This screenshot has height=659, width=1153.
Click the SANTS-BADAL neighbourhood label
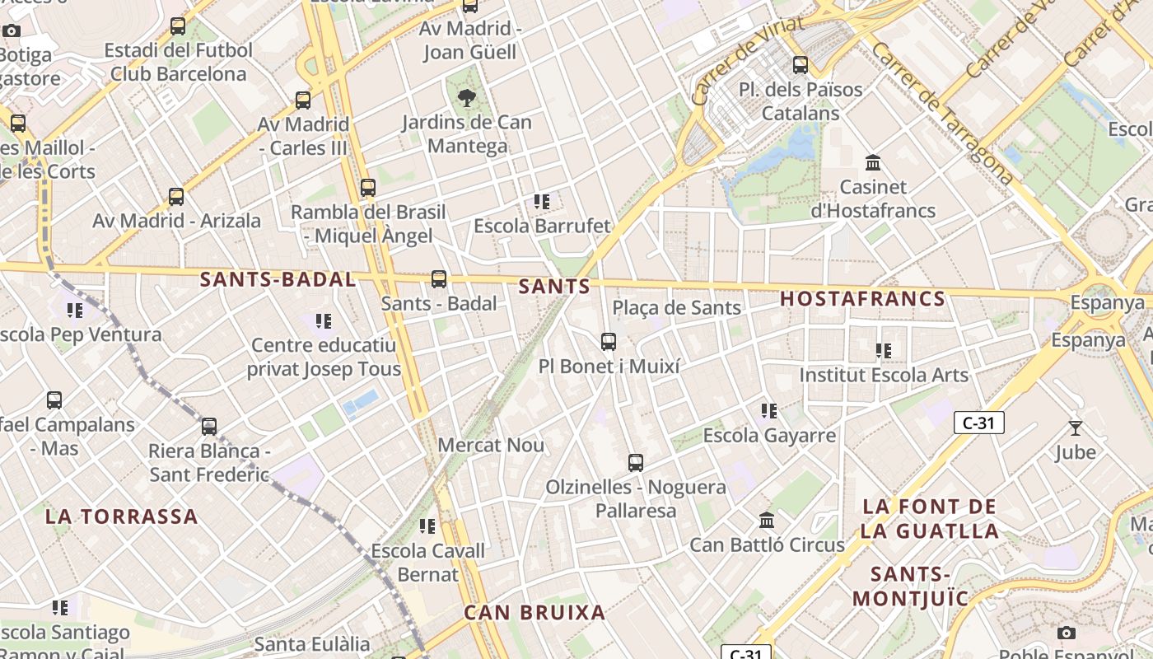tap(278, 279)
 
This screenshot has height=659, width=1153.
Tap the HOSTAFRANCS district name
tap(862, 298)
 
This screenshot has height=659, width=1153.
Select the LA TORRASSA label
tap(121, 516)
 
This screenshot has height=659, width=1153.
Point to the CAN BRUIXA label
tap(534, 612)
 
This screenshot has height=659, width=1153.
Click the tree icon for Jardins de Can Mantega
tap(467, 99)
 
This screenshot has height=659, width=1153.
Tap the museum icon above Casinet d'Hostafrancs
tap(873, 163)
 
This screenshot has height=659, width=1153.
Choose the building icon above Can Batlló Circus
tap(767, 521)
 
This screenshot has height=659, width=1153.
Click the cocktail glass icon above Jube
tap(1075, 428)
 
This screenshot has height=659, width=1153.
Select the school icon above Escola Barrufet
tap(541, 201)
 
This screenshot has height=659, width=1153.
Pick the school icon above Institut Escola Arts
tap(884, 351)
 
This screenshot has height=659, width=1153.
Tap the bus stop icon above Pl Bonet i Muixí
tap(609, 341)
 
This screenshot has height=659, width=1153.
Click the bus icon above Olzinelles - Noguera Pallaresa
tap(635, 463)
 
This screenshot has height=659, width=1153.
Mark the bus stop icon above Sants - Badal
tap(439, 279)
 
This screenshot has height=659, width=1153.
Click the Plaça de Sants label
tap(676, 308)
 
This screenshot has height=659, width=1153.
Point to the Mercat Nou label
tap(491, 446)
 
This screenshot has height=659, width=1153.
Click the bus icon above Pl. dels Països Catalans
tap(800, 65)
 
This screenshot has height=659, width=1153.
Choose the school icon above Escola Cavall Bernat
tap(427, 526)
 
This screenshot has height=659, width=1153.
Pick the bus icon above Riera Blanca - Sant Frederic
tap(209, 427)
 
